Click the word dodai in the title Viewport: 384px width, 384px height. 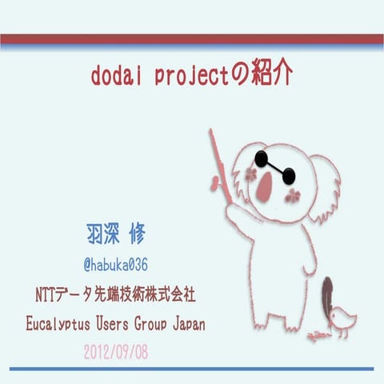[118, 76]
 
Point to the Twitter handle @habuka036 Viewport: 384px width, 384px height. [117, 264]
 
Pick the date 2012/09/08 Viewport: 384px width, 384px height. [117, 351]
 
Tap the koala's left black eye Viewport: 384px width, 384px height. [262, 158]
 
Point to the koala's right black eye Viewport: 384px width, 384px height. [289, 176]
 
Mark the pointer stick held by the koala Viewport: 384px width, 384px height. [220, 164]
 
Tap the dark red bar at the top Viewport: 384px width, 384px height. [192, 39]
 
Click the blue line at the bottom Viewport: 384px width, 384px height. [192, 369]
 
